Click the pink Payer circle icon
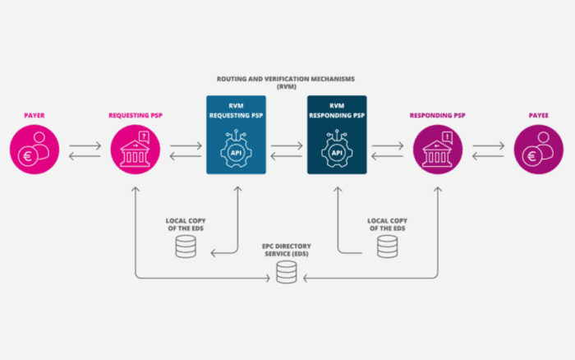[x=34, y=150]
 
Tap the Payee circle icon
[x=538, y=150]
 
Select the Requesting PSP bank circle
[x=136, y=150]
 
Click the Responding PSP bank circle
[x=438, y=150]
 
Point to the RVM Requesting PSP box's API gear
[x=237, y=149]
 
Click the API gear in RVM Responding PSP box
[x=337, y=149]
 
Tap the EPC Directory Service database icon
[x=287, y=272]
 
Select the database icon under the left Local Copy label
[x=186, y=247]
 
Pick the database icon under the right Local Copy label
[x=387, y=247]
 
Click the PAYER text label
[x=34, y=115]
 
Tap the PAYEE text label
[x=538, y=115]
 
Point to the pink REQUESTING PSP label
[x=136, y=115]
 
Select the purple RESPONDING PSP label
[x=438, y=115]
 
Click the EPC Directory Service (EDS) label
[x=287, y=250]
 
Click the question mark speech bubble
[x=144, y=137]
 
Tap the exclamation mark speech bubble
[x=447, y=137]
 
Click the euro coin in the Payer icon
[x=27, y=157]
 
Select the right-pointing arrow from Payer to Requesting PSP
[x=85, y=145]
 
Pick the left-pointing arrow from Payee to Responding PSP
[x=488, y=156]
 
